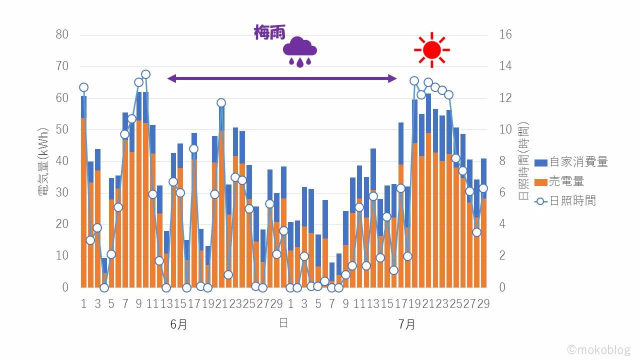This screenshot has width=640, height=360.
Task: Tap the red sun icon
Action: point(431,49)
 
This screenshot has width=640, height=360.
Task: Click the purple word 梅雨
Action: point(269,33)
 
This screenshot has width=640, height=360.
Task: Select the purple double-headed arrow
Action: point(281,78)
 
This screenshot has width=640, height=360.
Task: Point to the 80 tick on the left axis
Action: point(62,34)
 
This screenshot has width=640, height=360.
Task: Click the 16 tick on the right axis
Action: point(505,34)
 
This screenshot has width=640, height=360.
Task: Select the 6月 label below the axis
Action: point(178,324)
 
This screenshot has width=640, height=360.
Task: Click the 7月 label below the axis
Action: point(407,324)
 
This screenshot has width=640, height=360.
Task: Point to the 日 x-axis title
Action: point(283,323)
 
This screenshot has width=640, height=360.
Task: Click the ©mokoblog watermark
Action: point(598,349)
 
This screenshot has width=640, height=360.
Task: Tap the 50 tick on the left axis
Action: point(62,129)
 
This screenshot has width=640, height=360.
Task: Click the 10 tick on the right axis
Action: point(505,129)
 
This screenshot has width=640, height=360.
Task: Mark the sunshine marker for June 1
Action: point(83,87)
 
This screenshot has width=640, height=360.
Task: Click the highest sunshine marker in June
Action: point(146,74)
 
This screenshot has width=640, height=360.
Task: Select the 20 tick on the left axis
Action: point(62,224)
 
